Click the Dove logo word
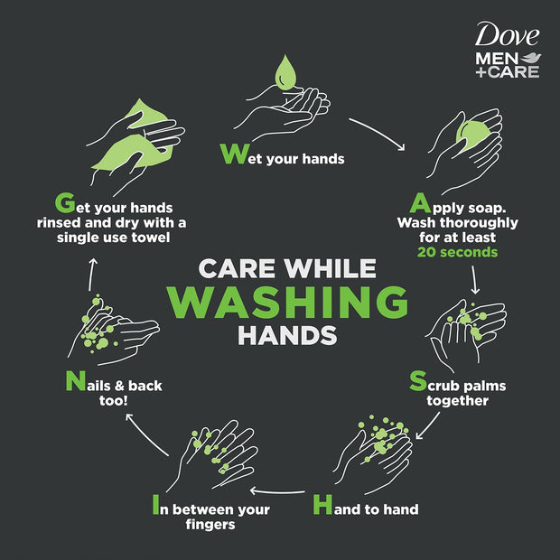[x=508, y=35]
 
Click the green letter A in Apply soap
[x=420, y=202]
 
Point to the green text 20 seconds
[x=457, y=252]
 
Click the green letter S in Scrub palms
[x=417, y=382]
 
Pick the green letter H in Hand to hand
[x=322, y=506]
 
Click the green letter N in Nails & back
[x=75, y=382]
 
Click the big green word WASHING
[x=287, y=302]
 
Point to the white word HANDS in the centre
[x=287, y=336]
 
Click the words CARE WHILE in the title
[x=287, y=268]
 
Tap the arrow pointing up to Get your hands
[x=91, y=275]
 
